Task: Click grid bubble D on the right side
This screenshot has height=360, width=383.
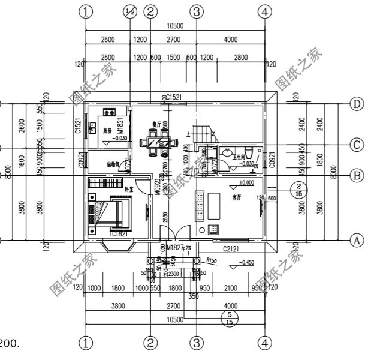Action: coord(358,104)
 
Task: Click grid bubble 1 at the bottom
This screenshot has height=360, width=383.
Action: coord(88,343)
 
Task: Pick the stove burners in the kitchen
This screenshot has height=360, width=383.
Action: coord(110,112)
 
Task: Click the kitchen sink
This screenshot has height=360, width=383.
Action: coord(93,127)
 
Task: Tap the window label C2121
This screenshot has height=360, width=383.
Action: coord(231,248)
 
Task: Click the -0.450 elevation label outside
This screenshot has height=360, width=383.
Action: coord(247,263)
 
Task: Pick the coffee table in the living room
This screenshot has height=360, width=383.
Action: coord(215,229)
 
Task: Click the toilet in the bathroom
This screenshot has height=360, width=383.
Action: coord(248,152)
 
